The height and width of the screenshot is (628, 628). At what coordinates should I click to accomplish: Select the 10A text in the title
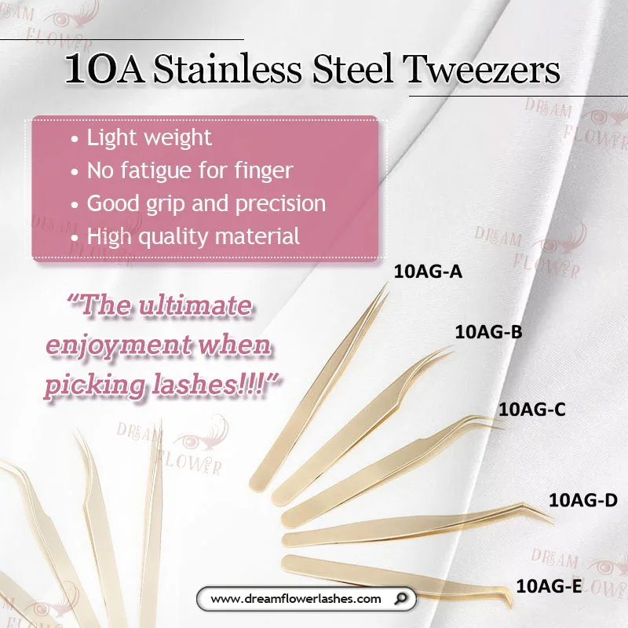tap(104, 70)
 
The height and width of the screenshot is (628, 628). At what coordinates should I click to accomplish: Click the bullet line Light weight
tap(148, 138)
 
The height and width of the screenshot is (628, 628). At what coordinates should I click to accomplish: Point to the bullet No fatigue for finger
tap(189, 170)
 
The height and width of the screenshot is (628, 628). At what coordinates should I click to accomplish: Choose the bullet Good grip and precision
tap(206, 203)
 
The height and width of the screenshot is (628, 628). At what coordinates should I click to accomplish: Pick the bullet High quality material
tap(193, 235)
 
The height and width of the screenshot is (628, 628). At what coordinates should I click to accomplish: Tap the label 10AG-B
tap(488, 332)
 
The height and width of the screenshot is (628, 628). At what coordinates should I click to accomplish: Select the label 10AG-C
tap(532, 409)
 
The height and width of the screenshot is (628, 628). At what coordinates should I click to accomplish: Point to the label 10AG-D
tap(582, 500)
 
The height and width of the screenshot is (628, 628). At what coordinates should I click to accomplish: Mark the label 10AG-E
tap(549, 585)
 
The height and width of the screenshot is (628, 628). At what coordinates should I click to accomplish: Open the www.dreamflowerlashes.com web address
tap(296, 599)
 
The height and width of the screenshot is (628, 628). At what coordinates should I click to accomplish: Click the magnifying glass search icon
tap(402, 599)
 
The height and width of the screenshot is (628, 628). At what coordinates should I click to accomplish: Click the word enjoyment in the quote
tap(126, 345)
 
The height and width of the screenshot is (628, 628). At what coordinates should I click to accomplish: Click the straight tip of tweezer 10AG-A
tap(385, 288)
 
